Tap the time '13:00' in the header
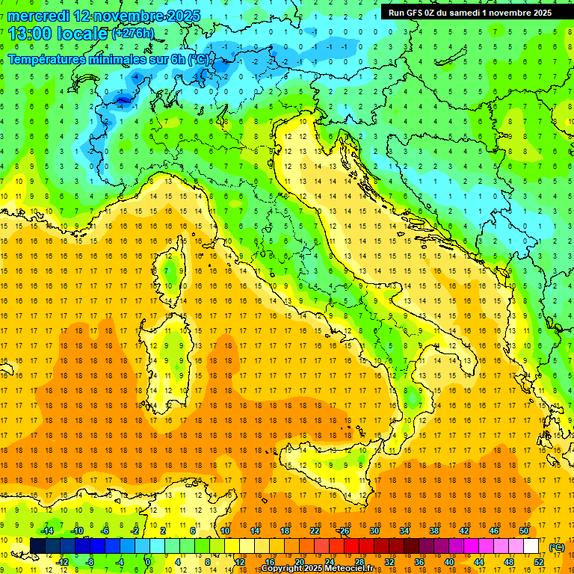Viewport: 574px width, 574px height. [31, 33]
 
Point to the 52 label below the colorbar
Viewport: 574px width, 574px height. [539, 562]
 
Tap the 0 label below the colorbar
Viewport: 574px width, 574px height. [147, 562]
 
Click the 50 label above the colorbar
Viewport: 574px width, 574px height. [525, 531]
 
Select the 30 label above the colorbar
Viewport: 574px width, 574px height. [374, 531]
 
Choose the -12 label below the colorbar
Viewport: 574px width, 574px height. [63, 562]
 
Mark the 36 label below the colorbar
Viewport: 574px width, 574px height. [419, 562]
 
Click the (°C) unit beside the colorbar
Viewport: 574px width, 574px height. [557, 546]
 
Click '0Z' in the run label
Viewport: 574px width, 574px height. [436, 13]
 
